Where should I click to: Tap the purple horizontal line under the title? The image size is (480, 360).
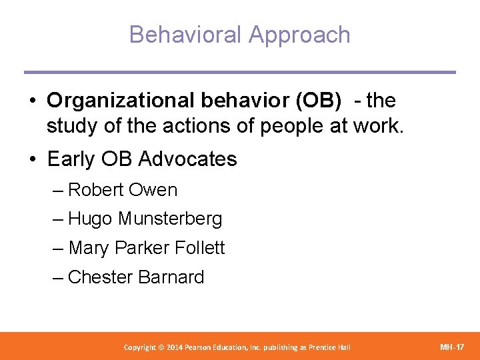click(x=240, y=72)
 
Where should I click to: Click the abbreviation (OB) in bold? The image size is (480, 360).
click(x=317, y=101)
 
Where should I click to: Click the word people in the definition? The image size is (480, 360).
click(x=284, y=126)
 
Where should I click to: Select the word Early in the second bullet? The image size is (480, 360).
click(x=70, y=159)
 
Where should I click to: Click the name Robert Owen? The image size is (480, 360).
click(x=123, y=190)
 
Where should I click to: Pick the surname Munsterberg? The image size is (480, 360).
click(x=170, y=219)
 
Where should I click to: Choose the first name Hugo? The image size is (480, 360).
click(x=91, y=219)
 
